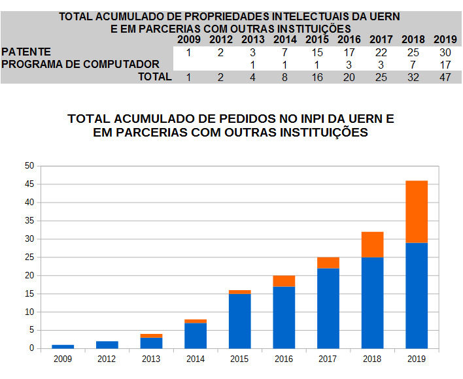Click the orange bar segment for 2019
tap(417, 212)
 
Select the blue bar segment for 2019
tap(417, 295)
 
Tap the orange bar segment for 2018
tap(372, 244)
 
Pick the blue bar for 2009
tap(63, 346)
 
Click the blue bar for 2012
tap(107, 344)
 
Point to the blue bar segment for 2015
tap(240, 321)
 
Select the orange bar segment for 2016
tap(284, 280)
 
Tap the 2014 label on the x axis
tap(196, 359)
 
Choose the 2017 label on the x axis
tap(328, 359)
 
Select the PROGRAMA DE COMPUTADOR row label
tap(80, 64)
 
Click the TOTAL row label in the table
tap(154, 76)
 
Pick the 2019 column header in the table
tap(445, 40)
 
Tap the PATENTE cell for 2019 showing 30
tap(445, 52)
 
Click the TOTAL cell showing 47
tap(445, 76)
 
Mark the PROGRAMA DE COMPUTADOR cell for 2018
tap(413, 64)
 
